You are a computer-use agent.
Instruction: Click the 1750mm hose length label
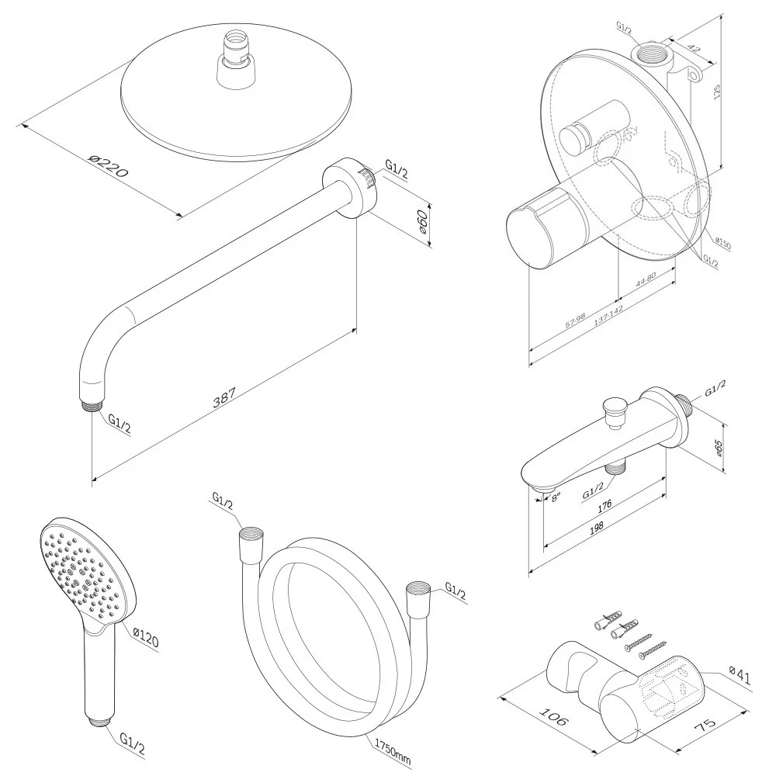393,749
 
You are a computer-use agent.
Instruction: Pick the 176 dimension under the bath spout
605,505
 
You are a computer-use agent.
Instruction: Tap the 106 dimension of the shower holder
552,716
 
